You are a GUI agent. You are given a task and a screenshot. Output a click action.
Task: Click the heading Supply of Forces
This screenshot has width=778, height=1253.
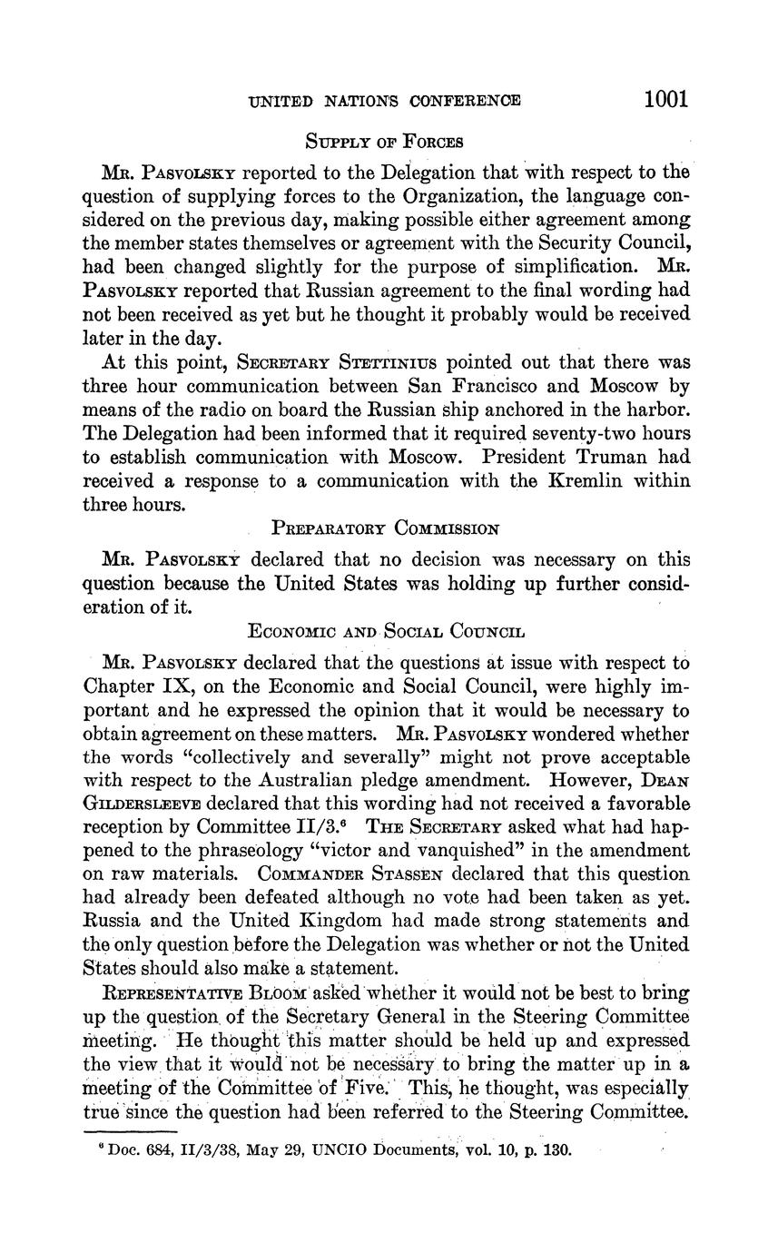pyautogui.click(x=384, y=142)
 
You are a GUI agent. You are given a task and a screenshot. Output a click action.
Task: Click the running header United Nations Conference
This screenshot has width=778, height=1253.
pyautogui.click(x=385, y=101)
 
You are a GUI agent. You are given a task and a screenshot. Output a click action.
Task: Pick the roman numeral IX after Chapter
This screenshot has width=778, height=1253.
pyautogui.click(x=168, y=686)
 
